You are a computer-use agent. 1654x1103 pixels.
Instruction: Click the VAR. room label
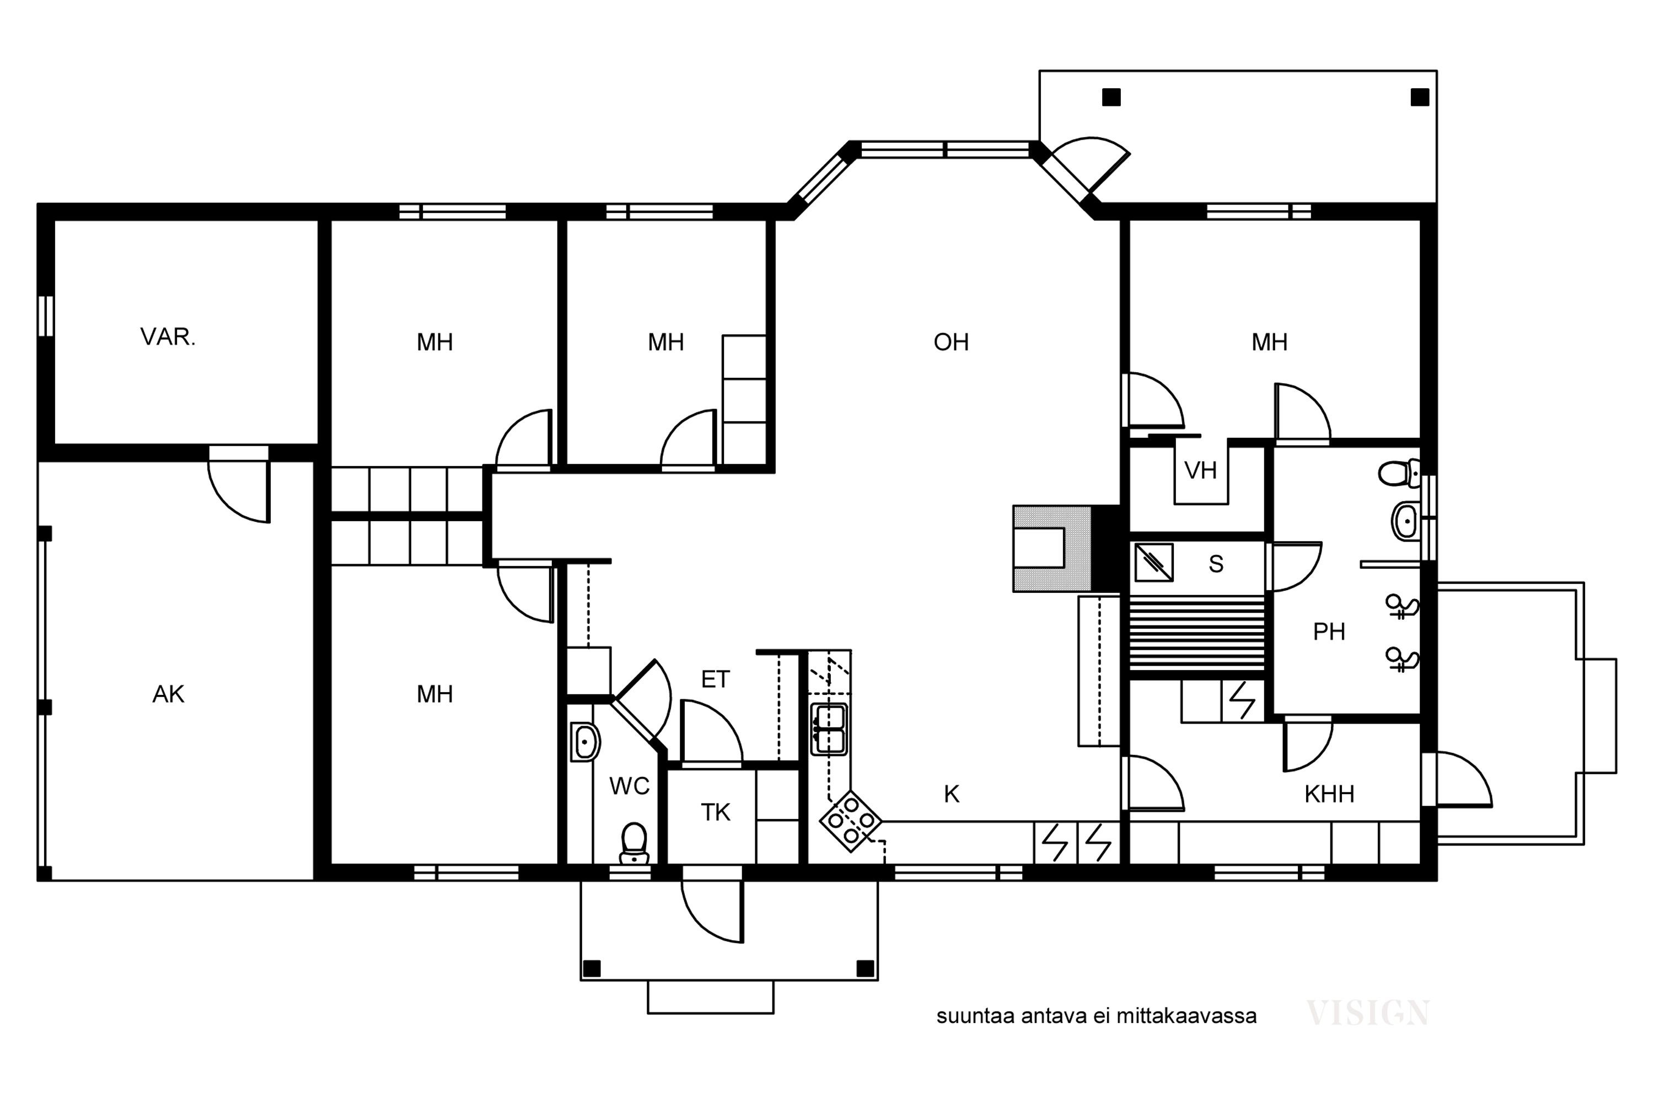click(168, 338)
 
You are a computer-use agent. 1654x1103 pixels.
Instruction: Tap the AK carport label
click(168, 694)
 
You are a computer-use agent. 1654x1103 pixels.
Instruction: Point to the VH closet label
click(1200, 470)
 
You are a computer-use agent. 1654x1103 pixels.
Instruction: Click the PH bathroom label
click(1329, 631)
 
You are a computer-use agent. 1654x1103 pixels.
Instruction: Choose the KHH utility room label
click(1329, 794)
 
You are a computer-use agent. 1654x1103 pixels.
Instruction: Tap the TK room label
click(715, 812)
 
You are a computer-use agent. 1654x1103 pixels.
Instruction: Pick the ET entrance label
click(715, 679)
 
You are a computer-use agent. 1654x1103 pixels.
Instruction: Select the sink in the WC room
click(585, 742)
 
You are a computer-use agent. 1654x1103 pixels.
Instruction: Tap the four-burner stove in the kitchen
click(851, 821)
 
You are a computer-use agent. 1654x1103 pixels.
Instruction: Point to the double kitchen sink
click(829, 729)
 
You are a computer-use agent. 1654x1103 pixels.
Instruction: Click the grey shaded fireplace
click(1052, 548)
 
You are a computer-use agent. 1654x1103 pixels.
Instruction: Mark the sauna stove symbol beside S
click(1154, 562)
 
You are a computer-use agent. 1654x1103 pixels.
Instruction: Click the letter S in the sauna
click(1216, 564)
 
